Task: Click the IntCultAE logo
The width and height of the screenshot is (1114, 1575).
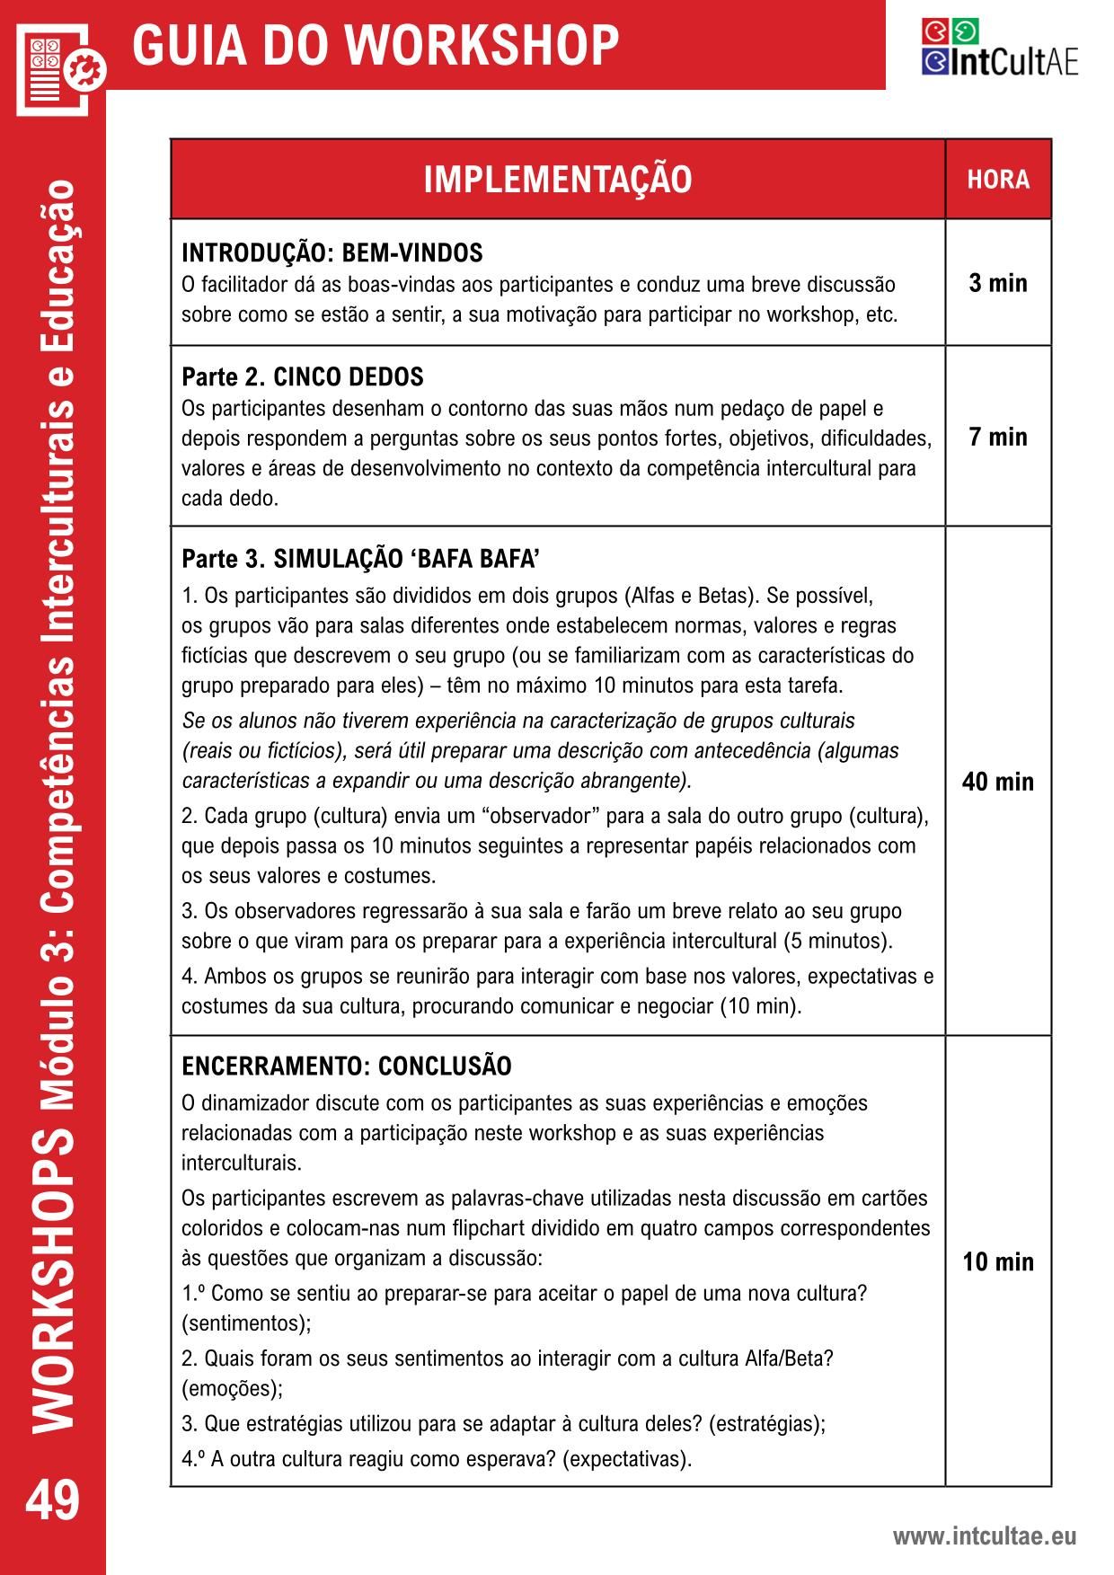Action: (x=999, y=49)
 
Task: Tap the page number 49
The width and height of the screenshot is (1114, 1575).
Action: (x=52, y=1501)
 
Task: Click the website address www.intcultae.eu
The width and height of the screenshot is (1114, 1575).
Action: (x=984, y=1535)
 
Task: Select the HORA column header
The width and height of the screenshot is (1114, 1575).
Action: (x=998, y=180)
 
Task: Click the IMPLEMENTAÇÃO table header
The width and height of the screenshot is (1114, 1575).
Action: (x=557, y=180)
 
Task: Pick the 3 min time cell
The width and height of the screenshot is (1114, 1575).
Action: (x=998, y=283)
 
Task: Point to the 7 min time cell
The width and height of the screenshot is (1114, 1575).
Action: (x=998, y=437)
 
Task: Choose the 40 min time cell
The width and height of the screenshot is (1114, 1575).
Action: (x=998, y=782)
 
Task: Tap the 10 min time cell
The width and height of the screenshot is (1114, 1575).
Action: (x=998, y=1261)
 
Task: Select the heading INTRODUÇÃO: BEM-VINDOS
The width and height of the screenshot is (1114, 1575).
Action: (x=332, y=252)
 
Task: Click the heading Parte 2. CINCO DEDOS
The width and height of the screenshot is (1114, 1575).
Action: (x=303, y=376)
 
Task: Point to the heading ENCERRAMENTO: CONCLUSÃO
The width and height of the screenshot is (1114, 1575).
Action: (x=347, y=1066)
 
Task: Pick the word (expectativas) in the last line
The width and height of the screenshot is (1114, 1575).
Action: (x=627, y=1458)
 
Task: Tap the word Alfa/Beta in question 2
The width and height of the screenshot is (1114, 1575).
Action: (x=789, y=1358)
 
